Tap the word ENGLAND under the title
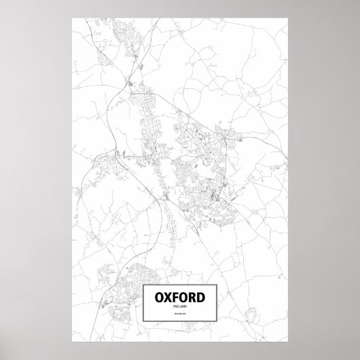[180, 307]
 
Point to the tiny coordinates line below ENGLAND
[180, 314]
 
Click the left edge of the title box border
[143, 303]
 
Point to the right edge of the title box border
[217, 303]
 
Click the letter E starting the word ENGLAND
[175, 307]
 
